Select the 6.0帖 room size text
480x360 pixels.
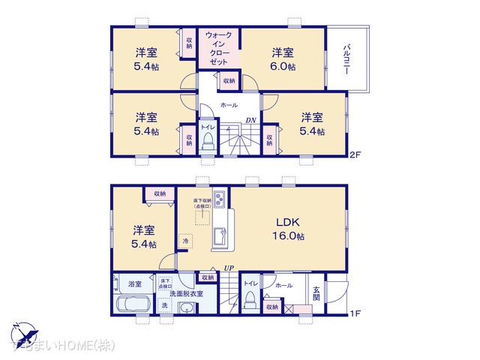[x=283, y=67]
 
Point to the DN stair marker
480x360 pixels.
[x=252, y=120]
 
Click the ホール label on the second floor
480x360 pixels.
[x=229, y=106]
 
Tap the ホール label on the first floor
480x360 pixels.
[x=283, y=286]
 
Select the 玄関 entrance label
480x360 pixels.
[x=316, y=295]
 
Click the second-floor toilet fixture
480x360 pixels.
[x=206, y=142]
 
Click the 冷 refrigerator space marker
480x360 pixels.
[x=185, y=241]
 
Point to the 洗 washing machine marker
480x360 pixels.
[x=164, y=306]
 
